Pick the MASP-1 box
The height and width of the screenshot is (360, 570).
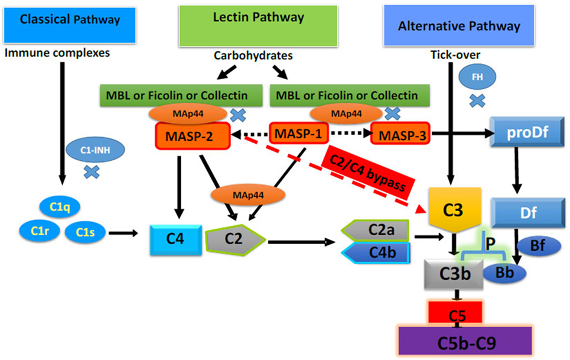[299, 134]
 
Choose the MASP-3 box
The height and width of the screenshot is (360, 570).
[400, 135]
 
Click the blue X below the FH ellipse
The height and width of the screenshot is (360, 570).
[477, 102]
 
